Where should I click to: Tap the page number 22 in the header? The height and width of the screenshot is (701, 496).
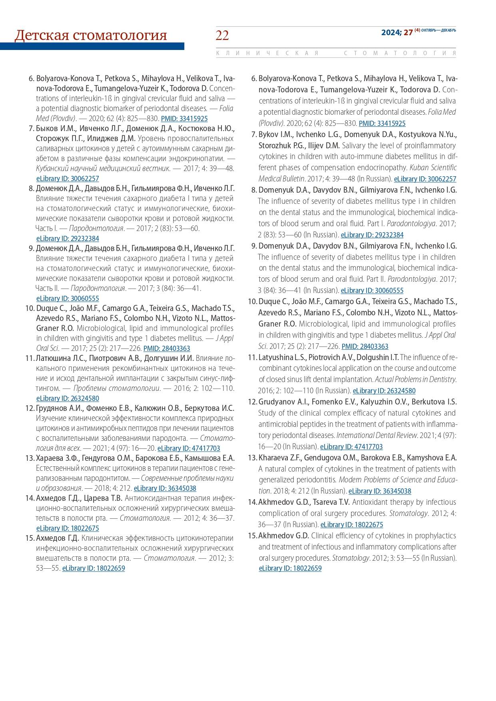click(222, 36)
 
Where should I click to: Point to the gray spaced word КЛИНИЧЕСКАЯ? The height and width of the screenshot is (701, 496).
click(267, 53)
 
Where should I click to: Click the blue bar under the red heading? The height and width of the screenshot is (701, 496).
click(92, 46)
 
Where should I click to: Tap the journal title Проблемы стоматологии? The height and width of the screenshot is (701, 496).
click(117, 388)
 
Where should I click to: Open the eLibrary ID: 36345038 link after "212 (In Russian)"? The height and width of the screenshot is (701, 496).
click(380, 491)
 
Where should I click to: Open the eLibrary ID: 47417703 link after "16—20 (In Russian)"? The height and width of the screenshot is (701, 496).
click(351, 446)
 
